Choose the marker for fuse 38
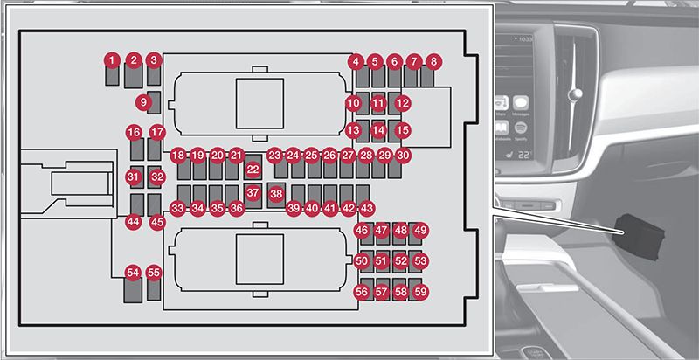pyautogui.click(x=276, y=193)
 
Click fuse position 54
pyautogui.click(x=133, y=273)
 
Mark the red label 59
pyautogui.click(x=421, y=292)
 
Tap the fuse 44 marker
pyautogui.click(x=133, y=222)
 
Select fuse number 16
pyautogui.click(x=134, y=133)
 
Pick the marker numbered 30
pyautogui.click(x=403, y=155)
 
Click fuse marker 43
pyautogui.click(x=366, y=209)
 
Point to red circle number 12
pyautogui.click(x=403, y=102)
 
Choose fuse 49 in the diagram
pyautogui.click(x=420, y=231)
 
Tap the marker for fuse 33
pyautogui.click(x=178, y=209)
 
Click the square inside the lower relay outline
pyautogui.click(x=260, y=257)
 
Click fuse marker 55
pyautogui.click(x=154, y=273)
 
